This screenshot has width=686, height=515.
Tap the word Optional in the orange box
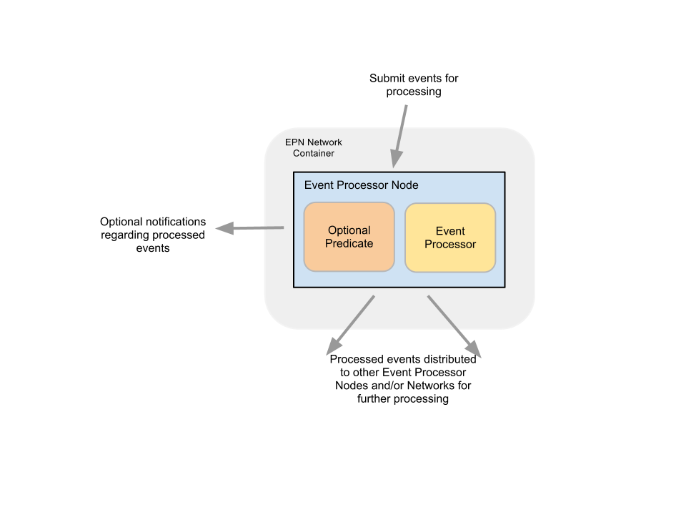coord(349,230)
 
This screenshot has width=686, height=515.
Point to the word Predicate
coord(349,243)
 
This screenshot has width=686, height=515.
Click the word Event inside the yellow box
coord(450,231)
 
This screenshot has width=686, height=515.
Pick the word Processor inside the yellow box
coord(450,244)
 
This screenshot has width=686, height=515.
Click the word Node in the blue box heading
coord(404,185)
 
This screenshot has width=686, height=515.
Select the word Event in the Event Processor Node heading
coord(319,185)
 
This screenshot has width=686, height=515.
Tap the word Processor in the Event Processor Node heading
coord(362,185)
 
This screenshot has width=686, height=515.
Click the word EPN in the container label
coord(294,142)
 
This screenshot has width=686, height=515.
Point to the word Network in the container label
coord(324,142)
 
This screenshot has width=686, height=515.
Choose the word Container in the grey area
coord(313,153)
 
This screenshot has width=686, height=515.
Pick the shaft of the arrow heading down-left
coord(357,318)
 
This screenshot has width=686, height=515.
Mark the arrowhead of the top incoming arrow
coord(395,160)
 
